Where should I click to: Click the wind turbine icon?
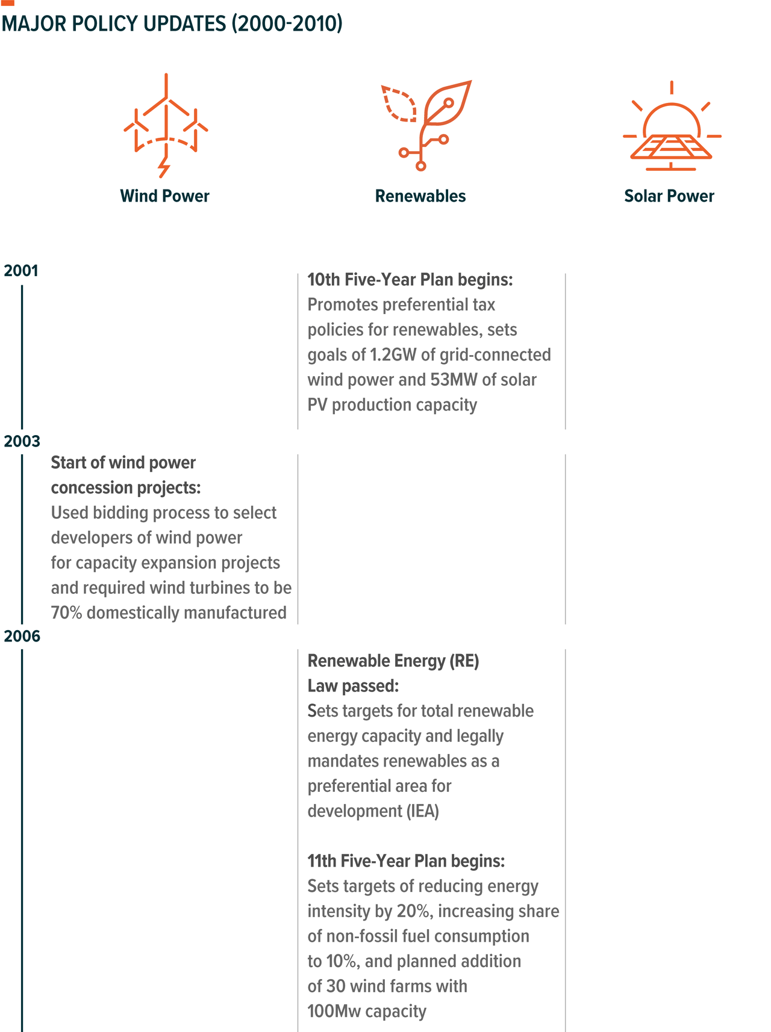[x=166, y=126]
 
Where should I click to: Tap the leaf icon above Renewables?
[x=426, y=125]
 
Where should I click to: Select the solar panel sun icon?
[x=672, y=127]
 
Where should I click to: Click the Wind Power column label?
[x=164, y=196]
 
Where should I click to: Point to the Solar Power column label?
[x=669, y=196]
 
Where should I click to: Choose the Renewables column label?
[x=420, y=196]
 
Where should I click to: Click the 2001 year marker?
[x=21, y=271]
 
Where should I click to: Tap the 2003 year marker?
[x=22, y=441]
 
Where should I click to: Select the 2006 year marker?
[x=22, y=636]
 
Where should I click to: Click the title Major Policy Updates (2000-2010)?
[x=172, y=23]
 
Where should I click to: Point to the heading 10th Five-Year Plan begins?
[x=410, y=280]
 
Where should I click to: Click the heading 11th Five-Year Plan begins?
[x=406, y=861]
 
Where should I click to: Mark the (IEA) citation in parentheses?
[x=422, y=811]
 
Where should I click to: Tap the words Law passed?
[x=353, y=686]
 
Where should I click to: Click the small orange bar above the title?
[x=8, y=3]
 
